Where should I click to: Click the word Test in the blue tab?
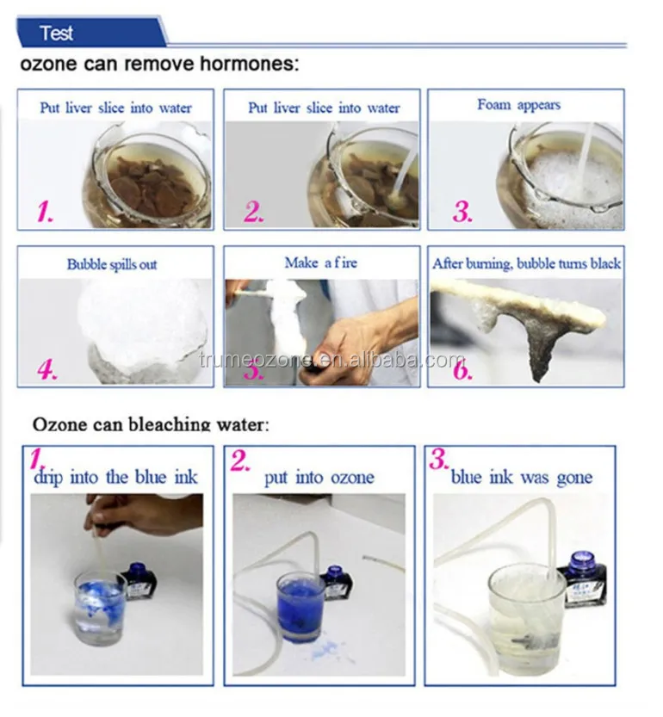[56, 33]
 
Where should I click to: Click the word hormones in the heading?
[249, 63]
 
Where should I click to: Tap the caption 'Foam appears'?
[518, 105]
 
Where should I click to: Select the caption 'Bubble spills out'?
[112, 264]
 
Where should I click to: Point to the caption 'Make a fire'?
[321, 263]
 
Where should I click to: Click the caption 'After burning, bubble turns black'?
[527, 264]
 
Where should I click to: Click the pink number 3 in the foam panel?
[462, 212]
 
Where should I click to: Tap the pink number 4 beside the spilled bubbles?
[47, 368]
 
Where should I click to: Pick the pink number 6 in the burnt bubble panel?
[462, 368]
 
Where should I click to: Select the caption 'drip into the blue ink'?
[115, 478]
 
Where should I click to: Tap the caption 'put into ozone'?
[319, 478]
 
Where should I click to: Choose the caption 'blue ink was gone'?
[522, 478]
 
